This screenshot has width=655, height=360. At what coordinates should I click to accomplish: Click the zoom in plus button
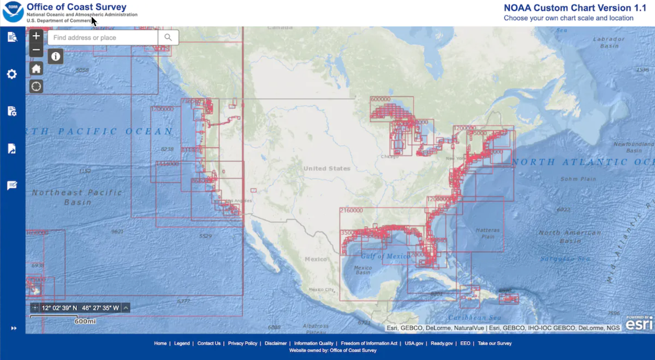pyautogui.click(x=36, y=37)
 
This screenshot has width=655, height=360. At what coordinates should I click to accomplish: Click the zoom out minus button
pyautogui.click(x=36, y=50)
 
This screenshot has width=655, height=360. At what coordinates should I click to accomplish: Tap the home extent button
pyautogui.click(x=36, y=69)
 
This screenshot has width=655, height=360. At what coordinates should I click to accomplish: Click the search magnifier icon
pyautogui.click(x=168, y=37)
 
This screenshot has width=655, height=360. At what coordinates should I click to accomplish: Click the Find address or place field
pyautogui.click(x=104, y=38)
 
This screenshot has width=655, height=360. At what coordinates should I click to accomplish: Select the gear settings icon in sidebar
pyautogui.click(x=12, y=74)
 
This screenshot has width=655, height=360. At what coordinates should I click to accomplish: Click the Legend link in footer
pyautogui.click(x=182, y=343)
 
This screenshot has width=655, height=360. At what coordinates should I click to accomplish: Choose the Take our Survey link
pyautogui.click(x=495, y=343)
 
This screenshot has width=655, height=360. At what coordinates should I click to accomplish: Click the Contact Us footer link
pyautogui.click(x=209, y=343)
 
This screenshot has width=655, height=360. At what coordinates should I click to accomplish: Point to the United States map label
pyautogui.click(x=327, y=169)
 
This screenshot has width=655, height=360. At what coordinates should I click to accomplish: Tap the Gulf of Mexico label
pyautogui.click(x=385, y=256)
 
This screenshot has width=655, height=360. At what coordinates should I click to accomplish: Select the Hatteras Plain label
pyautogui.click(x=487, y=233)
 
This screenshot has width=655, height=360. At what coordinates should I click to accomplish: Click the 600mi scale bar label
pyautogui.click(x=85, y=321)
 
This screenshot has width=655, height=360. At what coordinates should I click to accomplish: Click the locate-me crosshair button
pyautogui.click(x=36, y=86)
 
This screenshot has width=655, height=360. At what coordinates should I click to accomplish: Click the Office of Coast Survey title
pyautogui.click(x=76, y=7)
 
